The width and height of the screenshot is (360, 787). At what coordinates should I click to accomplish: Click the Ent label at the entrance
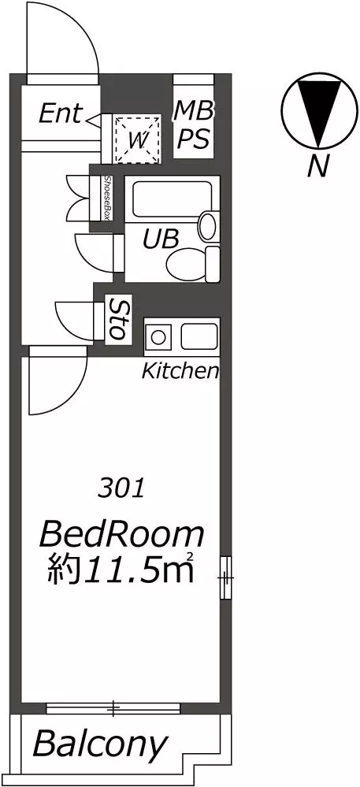coord(59,113)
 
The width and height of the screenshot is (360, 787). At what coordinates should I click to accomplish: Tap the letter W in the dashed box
coord(138,140)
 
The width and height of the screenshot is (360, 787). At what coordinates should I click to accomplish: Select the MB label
coord(194,111)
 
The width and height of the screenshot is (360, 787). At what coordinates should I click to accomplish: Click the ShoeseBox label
coord(107,198)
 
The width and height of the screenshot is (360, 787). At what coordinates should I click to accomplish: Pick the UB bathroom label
coord(161,239)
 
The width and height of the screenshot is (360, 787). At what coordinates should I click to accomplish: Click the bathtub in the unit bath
coord(171,199)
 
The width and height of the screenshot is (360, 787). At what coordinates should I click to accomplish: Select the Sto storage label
coord(118,319)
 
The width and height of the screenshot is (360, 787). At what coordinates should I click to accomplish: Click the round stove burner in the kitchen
coord(158,337)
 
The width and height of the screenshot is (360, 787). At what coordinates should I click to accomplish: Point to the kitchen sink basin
coord(199,336)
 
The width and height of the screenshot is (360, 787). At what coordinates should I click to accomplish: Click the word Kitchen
coord(180,371)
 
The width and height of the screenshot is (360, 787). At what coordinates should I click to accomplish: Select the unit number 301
coord(121,488)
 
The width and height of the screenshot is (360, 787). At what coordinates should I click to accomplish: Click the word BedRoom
coord(122,535)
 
